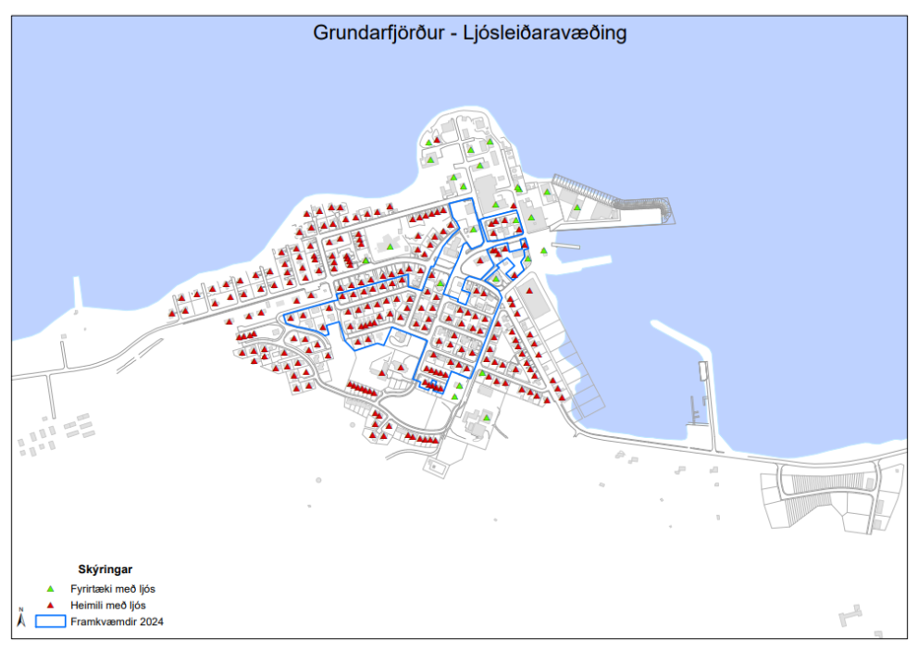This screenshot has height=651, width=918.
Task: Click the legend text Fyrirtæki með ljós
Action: click(x=114, y=588)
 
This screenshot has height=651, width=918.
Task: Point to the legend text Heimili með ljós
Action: click(x=108, y=605)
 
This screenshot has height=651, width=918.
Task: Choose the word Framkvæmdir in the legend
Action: click(x=103, y=621)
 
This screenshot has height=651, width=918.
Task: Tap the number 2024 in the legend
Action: click(x=151, y=621)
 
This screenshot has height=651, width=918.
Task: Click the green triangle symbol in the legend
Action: click(x=51, y=588)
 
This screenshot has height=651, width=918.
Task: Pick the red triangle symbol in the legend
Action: click(x=51, y=605)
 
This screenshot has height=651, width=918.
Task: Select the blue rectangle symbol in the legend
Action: click(x=50, y=621)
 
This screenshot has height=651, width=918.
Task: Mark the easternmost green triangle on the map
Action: click(x=577, y=207)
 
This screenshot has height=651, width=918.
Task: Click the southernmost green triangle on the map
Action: click(x=486, y=418)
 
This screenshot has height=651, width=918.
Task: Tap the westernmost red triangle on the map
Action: click(x=172, y=313)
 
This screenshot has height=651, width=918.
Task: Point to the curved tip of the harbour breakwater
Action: click(x=665, y=212)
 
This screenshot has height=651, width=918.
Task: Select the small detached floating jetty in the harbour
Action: click(x=702, y=370)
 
